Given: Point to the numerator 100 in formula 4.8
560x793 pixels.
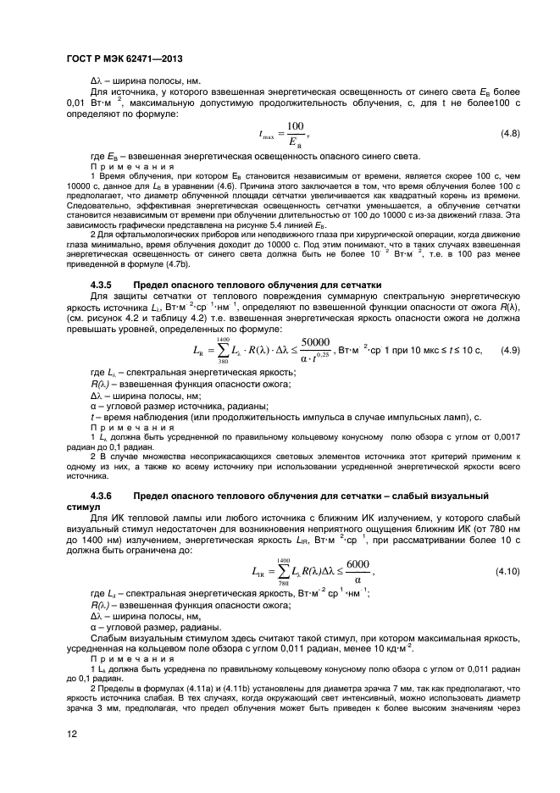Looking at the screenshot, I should point(295,126).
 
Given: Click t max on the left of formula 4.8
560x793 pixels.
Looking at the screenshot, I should point(269,134).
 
